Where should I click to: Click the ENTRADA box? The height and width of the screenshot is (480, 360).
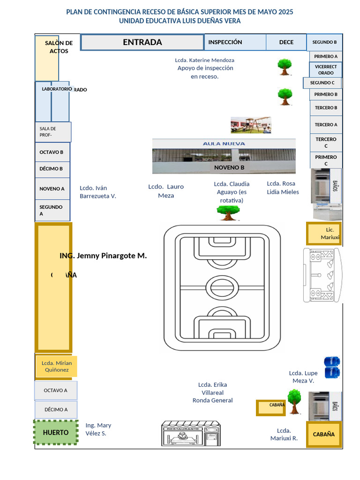[x=142, y=42]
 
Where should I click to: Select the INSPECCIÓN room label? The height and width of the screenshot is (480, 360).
[x=225, y=42]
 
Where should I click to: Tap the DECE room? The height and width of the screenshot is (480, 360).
[x=286, y=42]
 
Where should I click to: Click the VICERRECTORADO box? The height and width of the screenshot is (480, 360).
[x=326, y=70]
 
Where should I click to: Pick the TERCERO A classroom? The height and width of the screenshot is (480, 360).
[x=326, y=125]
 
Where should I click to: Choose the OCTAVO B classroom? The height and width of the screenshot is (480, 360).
[x=52, y=152]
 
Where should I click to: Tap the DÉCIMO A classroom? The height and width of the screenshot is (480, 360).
[x=56, y=409]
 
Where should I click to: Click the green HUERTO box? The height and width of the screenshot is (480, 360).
[x=56, y=432]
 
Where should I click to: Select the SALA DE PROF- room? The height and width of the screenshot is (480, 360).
[x=53, y=132]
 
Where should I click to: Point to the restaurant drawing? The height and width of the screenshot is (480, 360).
[x=191, y=434]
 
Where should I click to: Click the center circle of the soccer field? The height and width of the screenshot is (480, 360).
[x=222, y=287]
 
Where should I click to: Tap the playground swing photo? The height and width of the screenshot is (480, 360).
[x=250, y=125]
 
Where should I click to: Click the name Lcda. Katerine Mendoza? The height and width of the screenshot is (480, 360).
[x=205, y=60]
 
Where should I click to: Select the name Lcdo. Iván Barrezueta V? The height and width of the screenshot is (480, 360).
[x=97, y=192]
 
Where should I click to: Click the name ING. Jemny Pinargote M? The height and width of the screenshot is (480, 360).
[x=103, y=256]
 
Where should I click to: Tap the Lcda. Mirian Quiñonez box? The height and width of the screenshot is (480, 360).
[x=57, y=366]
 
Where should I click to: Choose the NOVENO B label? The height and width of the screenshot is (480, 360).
[x=229, y=167]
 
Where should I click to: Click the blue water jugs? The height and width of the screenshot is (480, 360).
[x=332, y=367]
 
